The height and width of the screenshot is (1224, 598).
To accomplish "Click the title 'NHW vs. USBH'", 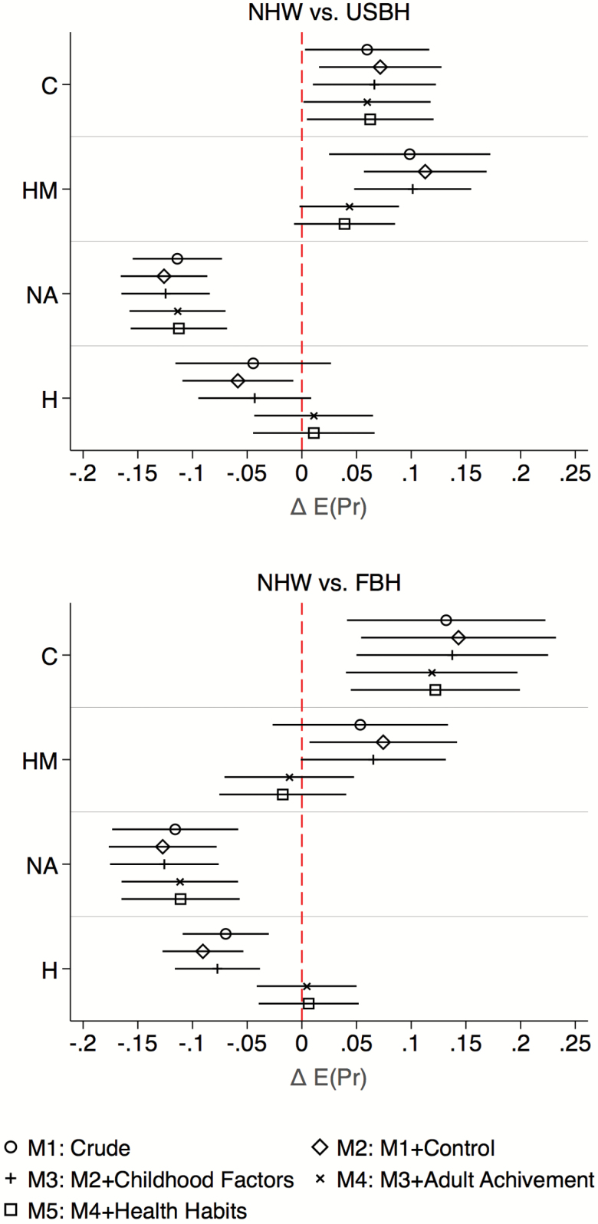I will coord(329,12).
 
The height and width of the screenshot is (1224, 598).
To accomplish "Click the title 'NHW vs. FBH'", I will coord(329,583).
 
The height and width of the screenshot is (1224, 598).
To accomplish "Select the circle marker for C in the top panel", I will coord(367,50).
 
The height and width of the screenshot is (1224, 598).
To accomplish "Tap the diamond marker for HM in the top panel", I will coord(425,172).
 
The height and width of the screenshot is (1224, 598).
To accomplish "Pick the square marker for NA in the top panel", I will coord(179,328).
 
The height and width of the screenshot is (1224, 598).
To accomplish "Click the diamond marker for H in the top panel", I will coord(238,380).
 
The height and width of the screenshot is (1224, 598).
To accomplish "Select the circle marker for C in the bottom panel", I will coord(446,620).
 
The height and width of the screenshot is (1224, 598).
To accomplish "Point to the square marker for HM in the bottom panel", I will coord(283,795).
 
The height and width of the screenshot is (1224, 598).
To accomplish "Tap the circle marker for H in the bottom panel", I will coord(225,933).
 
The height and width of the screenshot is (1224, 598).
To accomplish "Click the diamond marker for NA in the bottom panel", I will coord(163,847).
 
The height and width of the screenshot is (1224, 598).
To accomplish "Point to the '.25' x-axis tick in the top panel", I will coord(575,474).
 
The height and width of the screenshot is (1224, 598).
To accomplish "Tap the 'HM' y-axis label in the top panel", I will coord(40,189).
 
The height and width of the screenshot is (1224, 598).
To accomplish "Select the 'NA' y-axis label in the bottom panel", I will coord(42,865).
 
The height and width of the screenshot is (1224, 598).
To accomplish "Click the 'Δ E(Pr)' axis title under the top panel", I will coord(329,506).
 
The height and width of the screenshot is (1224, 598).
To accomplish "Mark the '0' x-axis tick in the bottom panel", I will coord(301,1045).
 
